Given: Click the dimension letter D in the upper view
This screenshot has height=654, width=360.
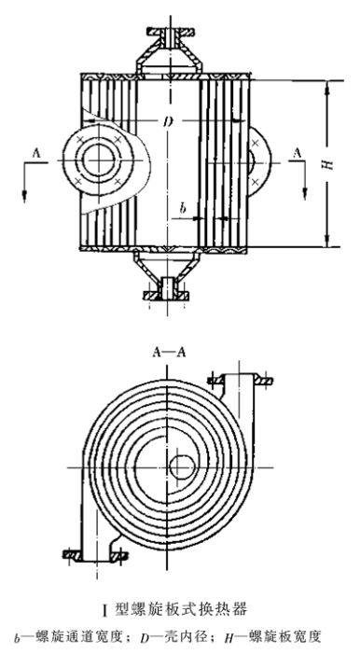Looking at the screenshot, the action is [168, 122].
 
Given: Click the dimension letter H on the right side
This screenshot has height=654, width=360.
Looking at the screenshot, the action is [330, 163].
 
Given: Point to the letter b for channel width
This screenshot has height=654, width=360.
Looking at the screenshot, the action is [183, 208].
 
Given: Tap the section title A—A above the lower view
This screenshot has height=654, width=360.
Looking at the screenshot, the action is [169, 353].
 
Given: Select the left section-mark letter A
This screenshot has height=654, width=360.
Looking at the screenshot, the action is [36, 154].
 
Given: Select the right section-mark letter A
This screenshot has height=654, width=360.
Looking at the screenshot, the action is [297, 153].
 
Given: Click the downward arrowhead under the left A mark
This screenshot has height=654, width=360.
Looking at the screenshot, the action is [24, 196].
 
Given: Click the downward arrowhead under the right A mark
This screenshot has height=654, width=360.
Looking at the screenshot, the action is [305, 194].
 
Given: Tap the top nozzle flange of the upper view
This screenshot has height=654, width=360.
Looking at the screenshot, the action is [170, 31].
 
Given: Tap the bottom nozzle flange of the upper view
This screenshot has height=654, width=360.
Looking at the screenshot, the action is [166, 296].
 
